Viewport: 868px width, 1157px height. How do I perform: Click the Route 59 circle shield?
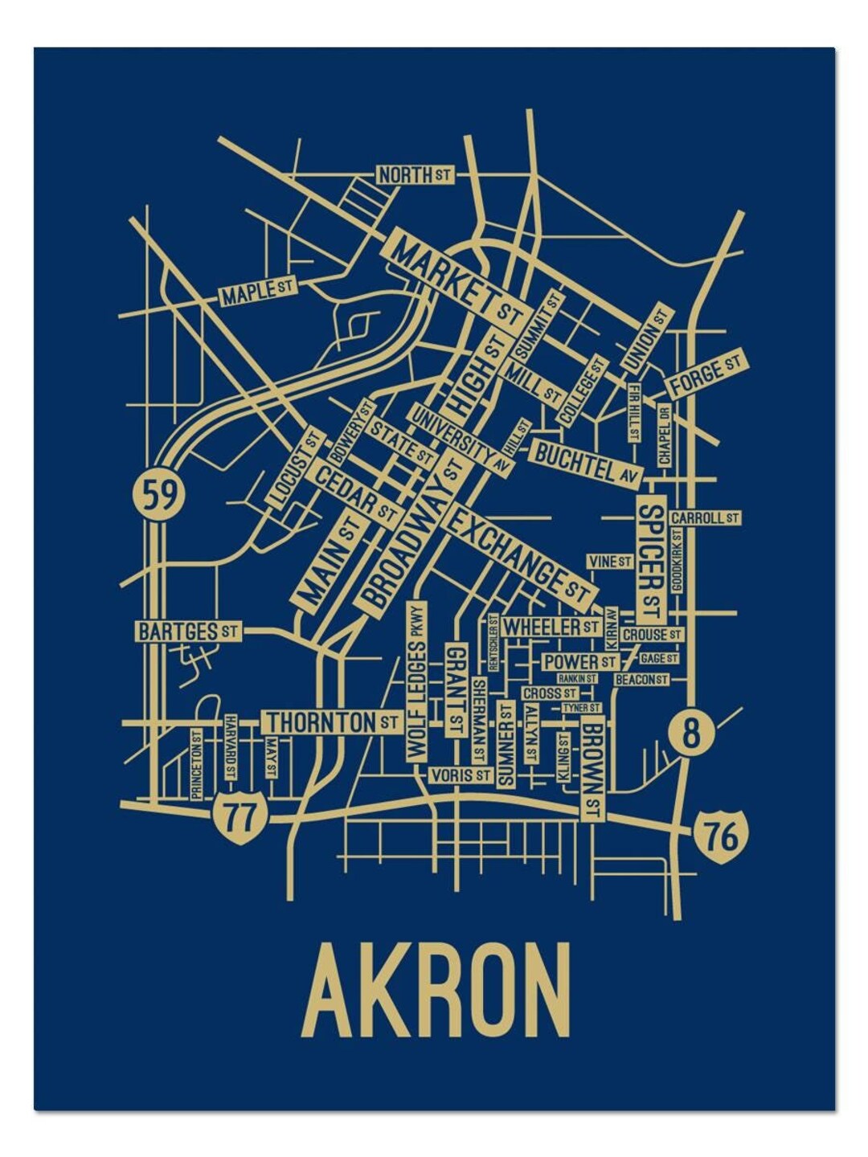[158, 493]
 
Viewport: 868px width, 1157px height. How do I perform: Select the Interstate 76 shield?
[722, 837]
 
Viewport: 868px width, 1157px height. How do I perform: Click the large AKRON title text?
[439, 991]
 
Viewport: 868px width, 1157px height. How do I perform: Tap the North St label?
[415, 174]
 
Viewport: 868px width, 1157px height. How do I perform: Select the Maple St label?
[258, 292]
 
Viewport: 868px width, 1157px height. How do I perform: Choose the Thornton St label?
[332, 722]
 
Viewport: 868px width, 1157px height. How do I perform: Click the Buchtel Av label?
[586, 464]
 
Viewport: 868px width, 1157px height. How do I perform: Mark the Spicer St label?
[652, 559]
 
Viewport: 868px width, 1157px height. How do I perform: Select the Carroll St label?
[704, 518]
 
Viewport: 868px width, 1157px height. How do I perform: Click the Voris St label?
[459, 775]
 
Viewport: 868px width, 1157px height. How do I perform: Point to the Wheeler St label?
[552, 626]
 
